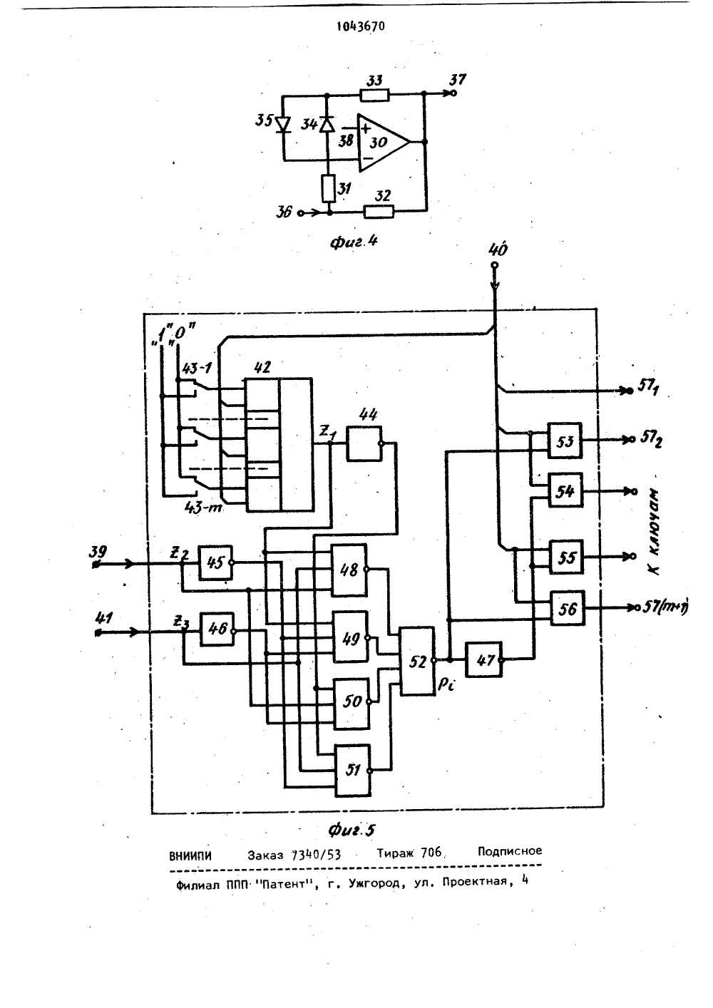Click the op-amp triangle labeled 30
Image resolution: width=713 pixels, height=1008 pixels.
tap(383, 142)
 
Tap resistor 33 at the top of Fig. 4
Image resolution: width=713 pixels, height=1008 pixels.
tap(374, 96)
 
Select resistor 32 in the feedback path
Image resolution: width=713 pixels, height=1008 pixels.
tap(379, 211)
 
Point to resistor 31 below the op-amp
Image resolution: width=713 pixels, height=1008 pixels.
tap(329, 188)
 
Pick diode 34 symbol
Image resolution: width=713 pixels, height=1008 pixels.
tap(327, 124)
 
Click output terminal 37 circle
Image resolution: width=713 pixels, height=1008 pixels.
tap(453, 93)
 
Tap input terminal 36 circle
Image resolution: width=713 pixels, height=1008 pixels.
tap(301, 212)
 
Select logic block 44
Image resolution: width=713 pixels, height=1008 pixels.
tap(364, 443)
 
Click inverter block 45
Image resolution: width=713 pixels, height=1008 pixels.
tap(215, 563)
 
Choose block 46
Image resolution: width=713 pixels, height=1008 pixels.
tap(217, 629)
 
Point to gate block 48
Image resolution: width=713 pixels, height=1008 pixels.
tap(349, 570)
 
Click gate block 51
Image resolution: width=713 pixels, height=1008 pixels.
tap(353, 771)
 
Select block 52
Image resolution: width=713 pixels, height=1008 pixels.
tap(418, 661)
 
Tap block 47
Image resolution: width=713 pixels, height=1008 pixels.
tap(484, 659)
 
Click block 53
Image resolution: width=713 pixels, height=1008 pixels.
tap(565, 441)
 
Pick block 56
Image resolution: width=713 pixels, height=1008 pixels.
tap(568, 608)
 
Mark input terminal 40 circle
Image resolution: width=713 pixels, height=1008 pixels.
tap(494, 266)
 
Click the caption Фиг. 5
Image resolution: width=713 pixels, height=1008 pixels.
tap(352, 830)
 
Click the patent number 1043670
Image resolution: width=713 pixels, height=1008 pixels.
tap(361, 26)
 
